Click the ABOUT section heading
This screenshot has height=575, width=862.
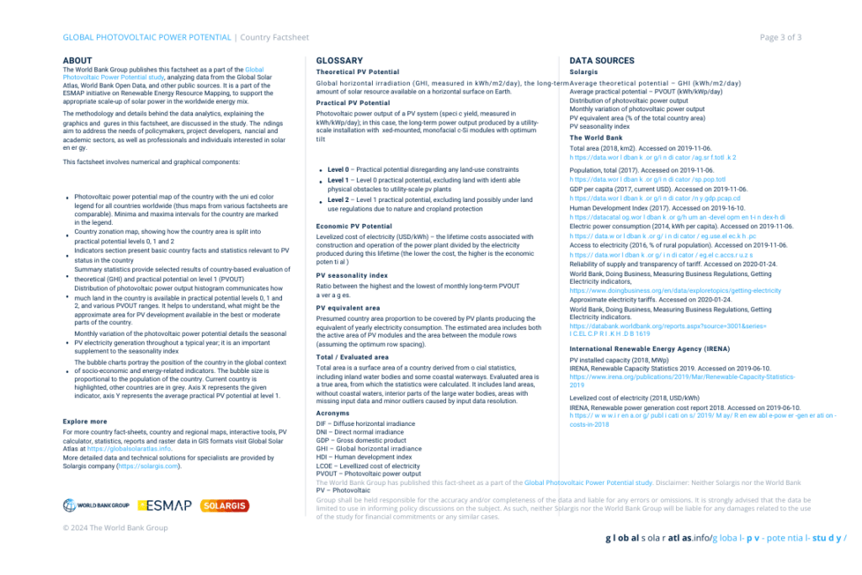coord(77,61)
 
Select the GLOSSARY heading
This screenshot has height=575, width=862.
coord(339,61)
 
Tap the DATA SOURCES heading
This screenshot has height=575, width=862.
coord(602,61)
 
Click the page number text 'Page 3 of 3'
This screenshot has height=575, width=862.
coord(780,37)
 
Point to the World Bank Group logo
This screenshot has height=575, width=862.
coord(96,505)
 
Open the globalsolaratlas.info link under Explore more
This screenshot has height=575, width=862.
coord(129,449)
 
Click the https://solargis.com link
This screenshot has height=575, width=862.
coord(149,466)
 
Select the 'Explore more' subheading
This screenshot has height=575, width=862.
coord(85,421)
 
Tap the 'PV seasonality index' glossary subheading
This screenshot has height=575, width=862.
coord(352,274)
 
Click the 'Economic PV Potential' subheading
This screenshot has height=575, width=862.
coord(354,226)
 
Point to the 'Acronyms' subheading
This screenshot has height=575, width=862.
coord(333,413)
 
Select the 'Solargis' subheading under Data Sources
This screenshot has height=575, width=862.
coord(583,72)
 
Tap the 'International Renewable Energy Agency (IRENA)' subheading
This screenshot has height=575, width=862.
coord(649,348)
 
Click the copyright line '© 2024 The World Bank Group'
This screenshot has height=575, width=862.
coord(115,528)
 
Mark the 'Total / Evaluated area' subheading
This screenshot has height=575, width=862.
coord(352,357)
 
